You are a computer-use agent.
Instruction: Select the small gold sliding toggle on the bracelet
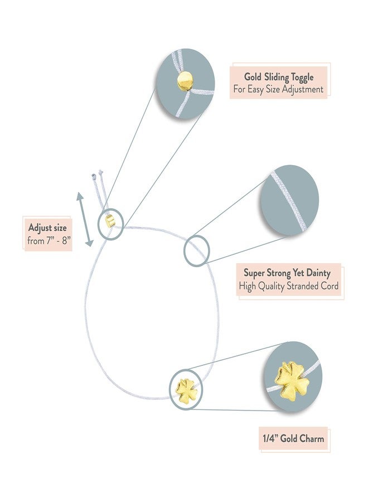[110, 221]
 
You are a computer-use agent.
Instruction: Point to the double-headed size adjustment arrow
[85, 220]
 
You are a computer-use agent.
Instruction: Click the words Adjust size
[47, 228]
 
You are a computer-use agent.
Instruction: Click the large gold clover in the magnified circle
[292, 380]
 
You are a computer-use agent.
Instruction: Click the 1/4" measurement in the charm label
[270, 438]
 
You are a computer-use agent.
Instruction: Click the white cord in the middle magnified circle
[289, 201]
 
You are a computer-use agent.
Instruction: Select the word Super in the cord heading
[255, 273]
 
